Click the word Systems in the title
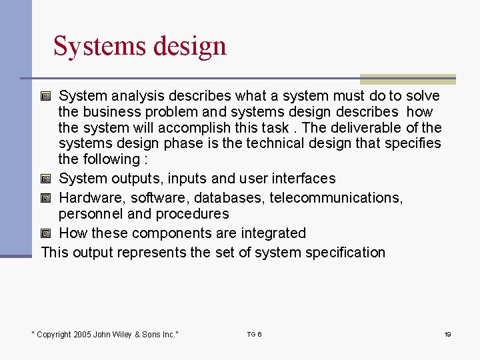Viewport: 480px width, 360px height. (100, 46)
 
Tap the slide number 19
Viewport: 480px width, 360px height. (448, 334)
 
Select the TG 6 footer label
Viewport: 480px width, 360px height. (254, 334)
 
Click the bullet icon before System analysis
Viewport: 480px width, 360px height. (45, 96)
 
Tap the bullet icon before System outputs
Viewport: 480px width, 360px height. (45, 179)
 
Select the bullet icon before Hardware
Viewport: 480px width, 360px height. (45, 198)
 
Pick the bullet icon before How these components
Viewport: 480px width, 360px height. (45, 233)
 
